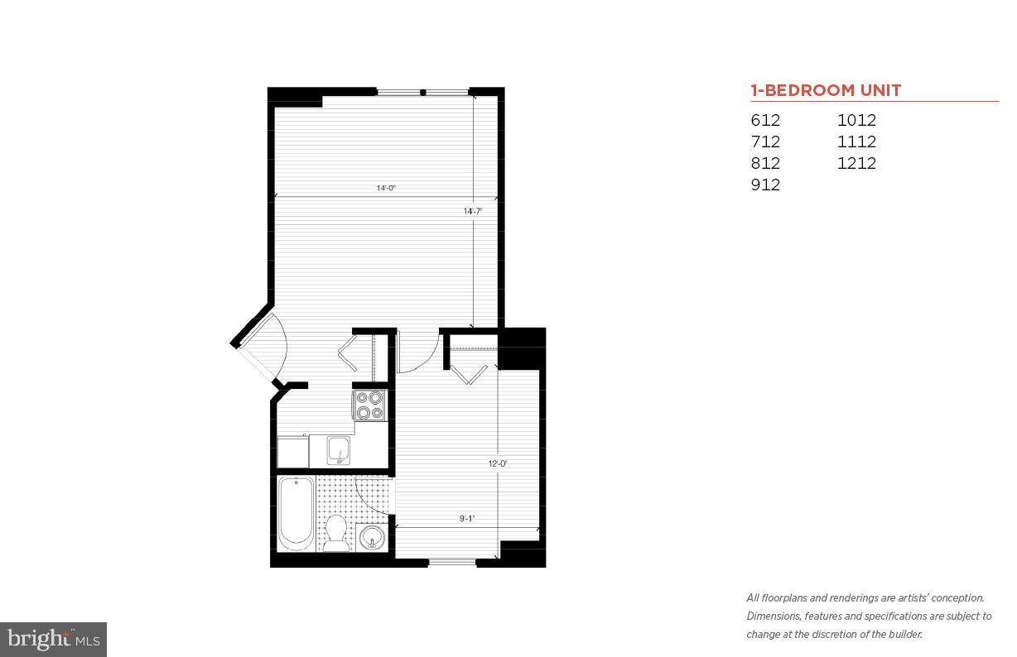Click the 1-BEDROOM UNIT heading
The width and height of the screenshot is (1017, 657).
[x=826, y=90]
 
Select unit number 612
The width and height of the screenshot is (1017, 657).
[x=765, y=120]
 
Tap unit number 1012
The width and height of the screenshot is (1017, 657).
[x=856, y=120]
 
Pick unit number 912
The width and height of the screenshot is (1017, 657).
[x=765, y=185]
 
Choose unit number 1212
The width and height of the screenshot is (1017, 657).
[x=856, y=163]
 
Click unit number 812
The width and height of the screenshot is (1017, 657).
[x=765, y=163]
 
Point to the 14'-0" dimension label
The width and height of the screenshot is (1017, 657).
[x=386, y=188]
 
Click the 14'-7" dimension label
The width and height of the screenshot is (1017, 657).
[x=472, y=211]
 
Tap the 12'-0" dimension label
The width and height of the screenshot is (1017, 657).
[x=497, y=463]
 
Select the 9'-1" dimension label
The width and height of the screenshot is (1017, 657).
[x=467, y=519]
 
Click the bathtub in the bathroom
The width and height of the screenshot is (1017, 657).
[x=296, y=512]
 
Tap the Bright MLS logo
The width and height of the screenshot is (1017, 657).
[x=53, y=639]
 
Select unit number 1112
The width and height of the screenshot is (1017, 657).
[x=856, y=141]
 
